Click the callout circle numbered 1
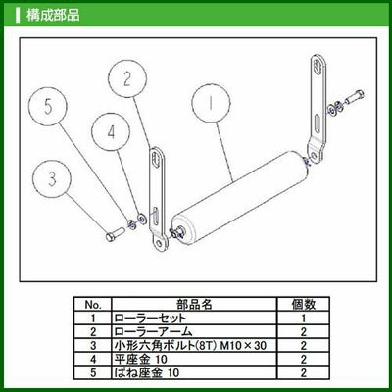211,104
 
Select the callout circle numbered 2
127,78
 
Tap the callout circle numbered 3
52,178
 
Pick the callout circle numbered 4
111,132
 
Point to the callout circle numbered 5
48,107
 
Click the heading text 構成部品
53,15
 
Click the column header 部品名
194,304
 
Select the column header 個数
304,304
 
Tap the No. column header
93,305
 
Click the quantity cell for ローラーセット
304,318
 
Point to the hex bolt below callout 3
114,234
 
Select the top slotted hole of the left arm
156,160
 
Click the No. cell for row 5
93,372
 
